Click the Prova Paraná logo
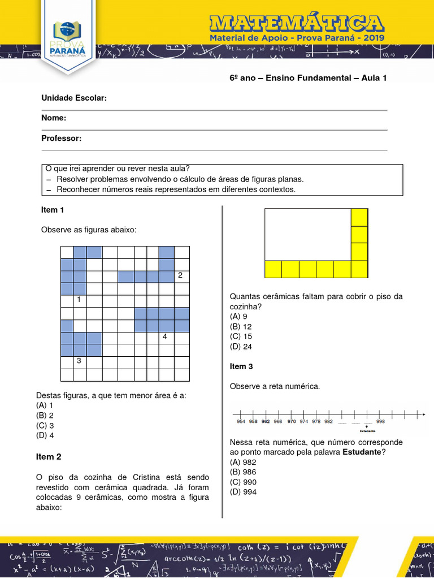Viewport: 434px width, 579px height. coord(70,40)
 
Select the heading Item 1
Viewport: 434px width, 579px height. coord(53,210)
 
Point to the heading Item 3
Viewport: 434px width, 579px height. coord(241,366)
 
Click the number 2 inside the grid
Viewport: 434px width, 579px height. coord(180,275)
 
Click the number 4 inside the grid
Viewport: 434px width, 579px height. coord(164,337)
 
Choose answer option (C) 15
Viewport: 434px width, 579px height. coord(241,336)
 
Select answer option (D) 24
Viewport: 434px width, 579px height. coord(241,347)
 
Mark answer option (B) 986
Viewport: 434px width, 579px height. coord(243,472)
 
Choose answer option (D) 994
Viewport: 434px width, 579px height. coord(243,492)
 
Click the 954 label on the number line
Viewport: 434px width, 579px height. coord(241,421)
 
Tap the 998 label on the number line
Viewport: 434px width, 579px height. coord(380,421)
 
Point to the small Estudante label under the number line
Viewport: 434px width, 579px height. coord(367,430)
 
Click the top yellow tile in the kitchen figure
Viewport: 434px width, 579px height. coord(359,218)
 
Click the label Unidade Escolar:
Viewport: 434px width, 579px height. coord(74,98)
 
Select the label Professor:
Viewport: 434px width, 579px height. coord(62,138)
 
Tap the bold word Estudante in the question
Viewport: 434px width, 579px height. coord(362,452)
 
